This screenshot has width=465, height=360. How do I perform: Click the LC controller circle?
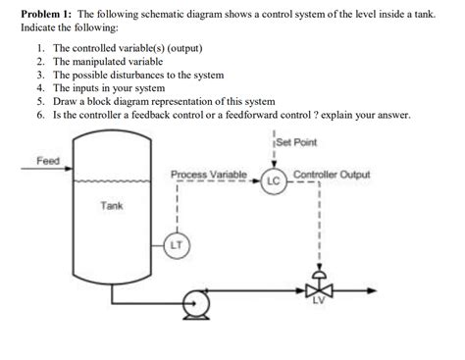[273, 180]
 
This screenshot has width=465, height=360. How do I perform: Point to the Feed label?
[47, 160]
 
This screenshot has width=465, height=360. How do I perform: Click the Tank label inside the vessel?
[111, 206]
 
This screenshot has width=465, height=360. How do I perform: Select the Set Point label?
[298, 143]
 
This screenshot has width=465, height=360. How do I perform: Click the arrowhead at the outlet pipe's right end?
[378, 290]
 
